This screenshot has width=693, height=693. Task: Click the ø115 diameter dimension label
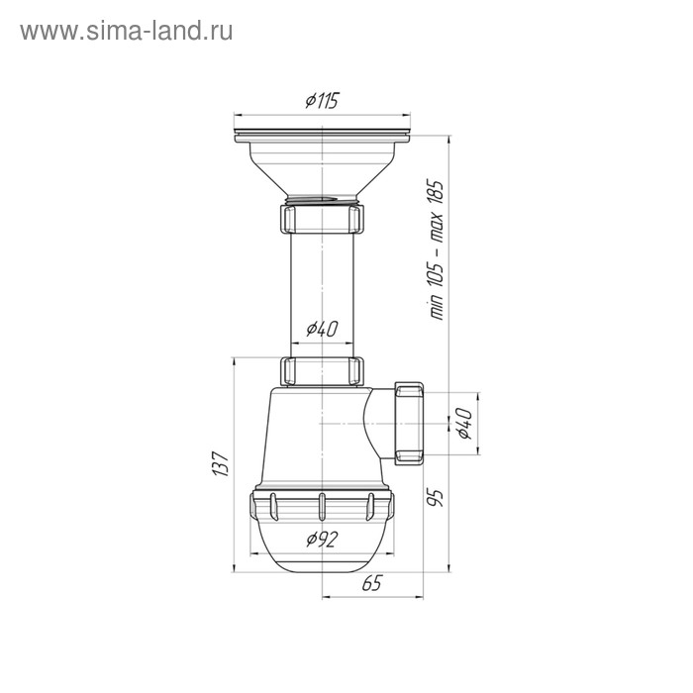[323, 100]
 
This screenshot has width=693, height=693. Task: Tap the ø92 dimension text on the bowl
[323, 539]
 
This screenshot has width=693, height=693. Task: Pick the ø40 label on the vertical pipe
[323, 328]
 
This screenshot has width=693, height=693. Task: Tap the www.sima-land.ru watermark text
[127, 31]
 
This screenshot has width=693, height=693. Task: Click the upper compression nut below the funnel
[323, 217]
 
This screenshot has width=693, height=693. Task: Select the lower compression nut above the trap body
[323, 370]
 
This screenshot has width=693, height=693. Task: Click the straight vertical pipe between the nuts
[323, 287]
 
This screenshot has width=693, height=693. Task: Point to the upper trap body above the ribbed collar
[307, 436]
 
